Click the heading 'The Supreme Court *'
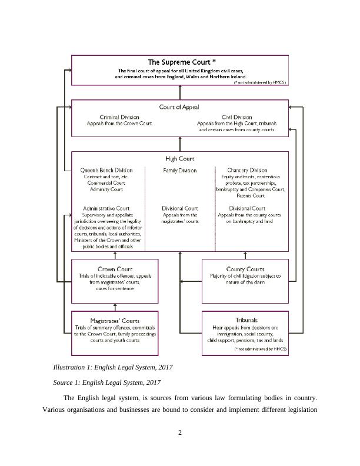(x=181, y=61)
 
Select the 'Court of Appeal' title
(x=179, y=107)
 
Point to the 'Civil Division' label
(x=237, y=117)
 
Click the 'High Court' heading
(x=179, y=158)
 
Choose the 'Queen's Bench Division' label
(x=106, y=170)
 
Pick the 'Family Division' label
(x=179, y=171)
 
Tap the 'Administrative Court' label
(x=106, y=208)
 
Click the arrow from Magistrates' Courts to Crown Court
(x=116, y=307)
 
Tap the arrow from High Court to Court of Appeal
(x=180, y=144)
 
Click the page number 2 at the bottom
(x=180, y=434)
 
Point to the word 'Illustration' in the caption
(x=71, y=368)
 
